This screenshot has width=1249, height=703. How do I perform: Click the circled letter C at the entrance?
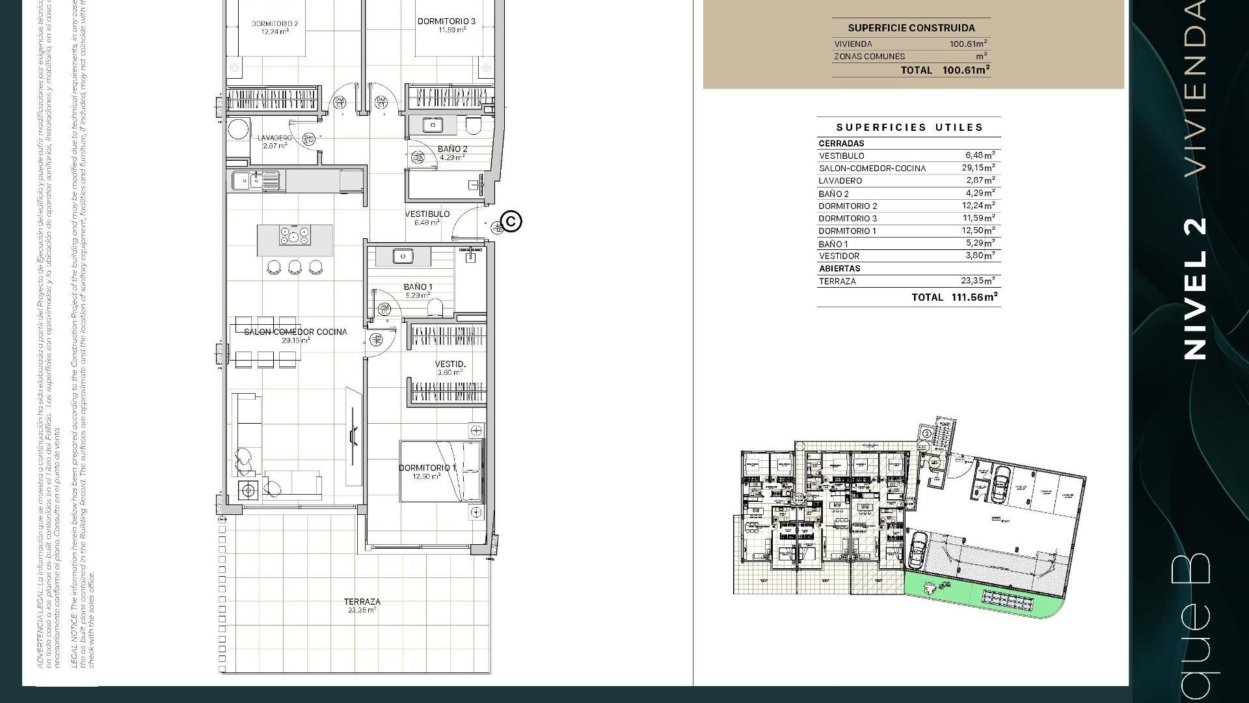[x=512, y=221]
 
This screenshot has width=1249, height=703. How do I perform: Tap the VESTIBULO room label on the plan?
[x=427, y=214]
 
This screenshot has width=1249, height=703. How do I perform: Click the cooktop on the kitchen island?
[x=295, y=236]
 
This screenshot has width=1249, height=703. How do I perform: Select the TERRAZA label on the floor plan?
[x=362, y=602]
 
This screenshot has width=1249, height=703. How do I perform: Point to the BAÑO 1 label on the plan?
[x=418, y=287]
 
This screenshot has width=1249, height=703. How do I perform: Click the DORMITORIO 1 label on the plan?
[x=427, y=468]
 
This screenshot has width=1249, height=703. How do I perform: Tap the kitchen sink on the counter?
[x=247, y=180]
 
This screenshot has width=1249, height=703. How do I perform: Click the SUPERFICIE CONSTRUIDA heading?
[x=911, y=28]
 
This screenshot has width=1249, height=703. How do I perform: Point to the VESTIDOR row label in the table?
[x=839, y=256]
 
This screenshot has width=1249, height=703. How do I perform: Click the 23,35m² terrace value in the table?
[x=978, y=281]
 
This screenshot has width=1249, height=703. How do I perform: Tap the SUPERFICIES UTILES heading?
[x=909, y=128]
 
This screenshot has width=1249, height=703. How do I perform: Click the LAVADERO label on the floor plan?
[x=275, y=138]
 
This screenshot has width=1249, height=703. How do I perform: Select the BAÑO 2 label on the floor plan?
[x=453, y=149]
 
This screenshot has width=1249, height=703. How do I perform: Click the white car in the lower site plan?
[x=918, y=550]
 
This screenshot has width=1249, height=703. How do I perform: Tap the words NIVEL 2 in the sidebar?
[x=1196, y=289]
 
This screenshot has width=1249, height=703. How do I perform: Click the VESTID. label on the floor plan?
[x=450, y=365]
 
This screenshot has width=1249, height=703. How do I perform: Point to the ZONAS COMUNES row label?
[x=869, y=57]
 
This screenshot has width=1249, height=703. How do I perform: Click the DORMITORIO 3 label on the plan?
[x=446, y=21]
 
